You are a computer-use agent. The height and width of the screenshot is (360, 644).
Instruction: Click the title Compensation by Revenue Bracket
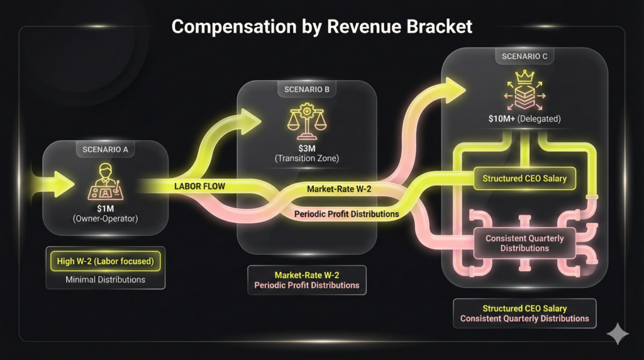pos(321,26)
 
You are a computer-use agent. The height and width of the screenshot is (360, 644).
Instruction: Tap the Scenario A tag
pos(105,150)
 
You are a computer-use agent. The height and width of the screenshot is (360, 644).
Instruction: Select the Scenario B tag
pos(307,89)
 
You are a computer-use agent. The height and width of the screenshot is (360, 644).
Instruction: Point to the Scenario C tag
pos(525,57)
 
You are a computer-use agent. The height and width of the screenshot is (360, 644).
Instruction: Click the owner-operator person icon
pos(105,181)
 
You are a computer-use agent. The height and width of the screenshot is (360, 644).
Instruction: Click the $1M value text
pos(105,208)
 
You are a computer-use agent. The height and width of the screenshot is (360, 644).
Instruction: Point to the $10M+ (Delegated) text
pos(525,118)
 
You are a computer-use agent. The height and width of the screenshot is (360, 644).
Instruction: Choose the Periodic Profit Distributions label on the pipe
pos(347,214)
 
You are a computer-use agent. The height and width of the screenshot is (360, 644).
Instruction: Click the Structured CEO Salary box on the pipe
pos(525,179)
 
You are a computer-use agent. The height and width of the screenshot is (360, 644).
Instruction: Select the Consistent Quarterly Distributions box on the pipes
pos(525,244)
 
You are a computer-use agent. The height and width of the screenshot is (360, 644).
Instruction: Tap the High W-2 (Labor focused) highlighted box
pos(105,260)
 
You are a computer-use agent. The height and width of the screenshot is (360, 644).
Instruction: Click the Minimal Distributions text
pos(105,279)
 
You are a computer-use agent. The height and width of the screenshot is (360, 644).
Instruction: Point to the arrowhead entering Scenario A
pos(64,184)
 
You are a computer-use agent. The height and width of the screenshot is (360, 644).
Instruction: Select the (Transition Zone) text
pos(307,159)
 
